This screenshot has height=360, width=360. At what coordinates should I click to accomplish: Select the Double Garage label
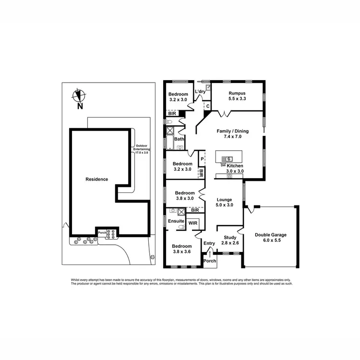[271, 235]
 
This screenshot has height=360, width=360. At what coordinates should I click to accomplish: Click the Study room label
[229, 237]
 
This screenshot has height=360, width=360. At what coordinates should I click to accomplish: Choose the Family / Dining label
[232, 131]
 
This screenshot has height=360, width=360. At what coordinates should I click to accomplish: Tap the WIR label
[192, 223]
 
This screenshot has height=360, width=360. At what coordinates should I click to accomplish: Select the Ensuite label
[175, 221]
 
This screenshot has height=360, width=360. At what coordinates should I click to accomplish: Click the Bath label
[179, 139]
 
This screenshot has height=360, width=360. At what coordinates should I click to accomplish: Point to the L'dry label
[200, 92]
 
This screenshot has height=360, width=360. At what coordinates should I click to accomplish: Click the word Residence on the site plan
[96, 179]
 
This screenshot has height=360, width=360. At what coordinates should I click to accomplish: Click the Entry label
[209, 243]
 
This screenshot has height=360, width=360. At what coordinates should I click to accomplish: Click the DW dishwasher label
[223, 165]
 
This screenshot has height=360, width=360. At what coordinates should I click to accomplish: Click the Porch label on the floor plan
[210, 261]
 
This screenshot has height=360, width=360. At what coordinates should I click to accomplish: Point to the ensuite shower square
[181, 211]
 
